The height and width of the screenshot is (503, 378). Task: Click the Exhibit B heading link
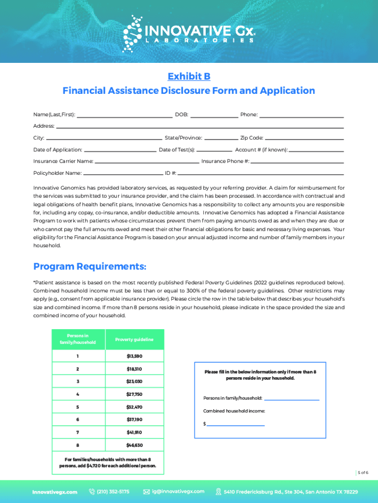[189, 76]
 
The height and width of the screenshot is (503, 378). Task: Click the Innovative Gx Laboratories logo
[189, 33]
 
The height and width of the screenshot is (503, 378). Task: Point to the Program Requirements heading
[90, 266]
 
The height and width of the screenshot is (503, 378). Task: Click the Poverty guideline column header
[135, 339]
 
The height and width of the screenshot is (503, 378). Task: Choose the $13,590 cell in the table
[135, 356]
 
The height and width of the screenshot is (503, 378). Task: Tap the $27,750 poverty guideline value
[135, 394]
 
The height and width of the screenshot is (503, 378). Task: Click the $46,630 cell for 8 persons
[135, 445]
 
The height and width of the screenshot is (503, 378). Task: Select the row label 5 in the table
[78, 407]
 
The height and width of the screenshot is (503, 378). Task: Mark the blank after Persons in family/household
[292, 399]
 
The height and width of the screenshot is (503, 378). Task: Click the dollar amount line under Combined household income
[236, 424]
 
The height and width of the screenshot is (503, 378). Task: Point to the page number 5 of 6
[363, 473]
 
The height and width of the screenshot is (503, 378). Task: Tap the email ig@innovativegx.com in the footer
[178, 492]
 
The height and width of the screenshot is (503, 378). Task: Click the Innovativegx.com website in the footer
[54, 492]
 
